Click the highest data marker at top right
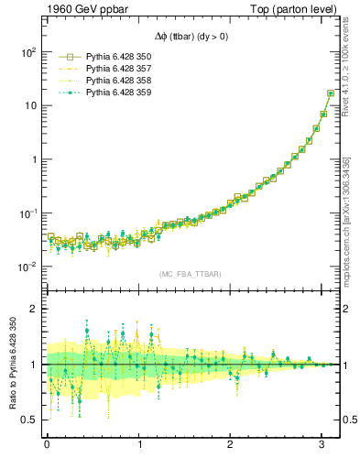pyautogui.click(x=331, y=93)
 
